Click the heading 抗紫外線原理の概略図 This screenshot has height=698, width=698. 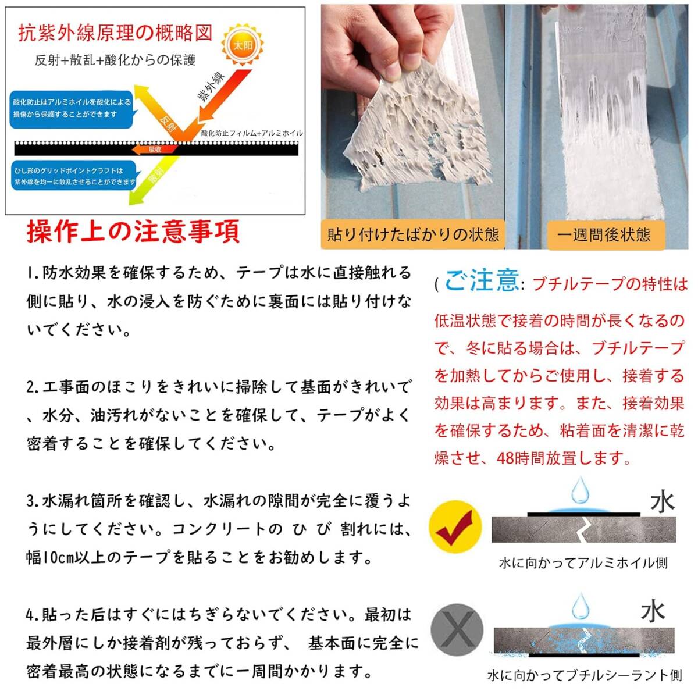point(115,33)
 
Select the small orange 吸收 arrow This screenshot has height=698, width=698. point(152,149)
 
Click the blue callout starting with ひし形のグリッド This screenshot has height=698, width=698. point(73,176)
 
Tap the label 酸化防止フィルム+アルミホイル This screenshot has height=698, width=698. point(252,133)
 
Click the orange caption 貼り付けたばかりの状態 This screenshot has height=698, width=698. point(413,235)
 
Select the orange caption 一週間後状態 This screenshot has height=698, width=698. point(604,235)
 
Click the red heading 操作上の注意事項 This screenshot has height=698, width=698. point(133,232)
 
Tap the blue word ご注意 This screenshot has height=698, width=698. point(482,281)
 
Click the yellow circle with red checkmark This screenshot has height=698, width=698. point(455,527)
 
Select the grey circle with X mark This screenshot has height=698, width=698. point(457,629)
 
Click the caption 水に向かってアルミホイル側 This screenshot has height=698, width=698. point(583,563)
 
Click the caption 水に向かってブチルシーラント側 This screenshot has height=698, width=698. point(584,675)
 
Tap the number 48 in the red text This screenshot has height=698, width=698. point(505,458)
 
